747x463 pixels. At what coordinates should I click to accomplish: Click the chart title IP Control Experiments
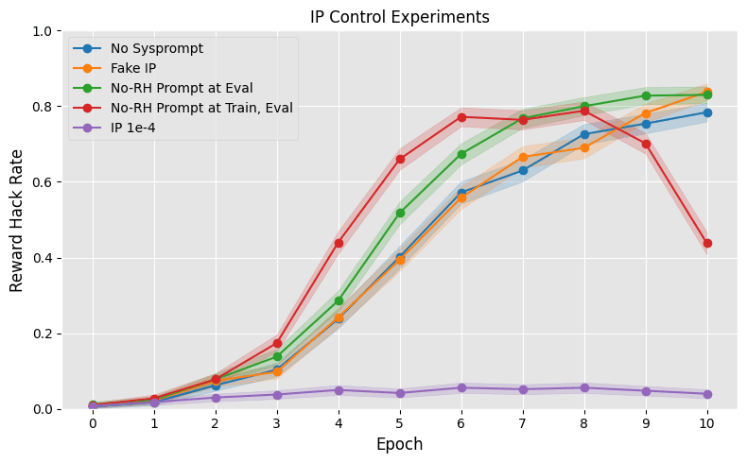pos(400,17)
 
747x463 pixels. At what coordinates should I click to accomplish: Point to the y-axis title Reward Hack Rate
pos(17,219)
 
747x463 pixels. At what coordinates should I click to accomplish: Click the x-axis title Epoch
pos(400,444)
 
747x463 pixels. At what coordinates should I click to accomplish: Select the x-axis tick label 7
pos(523,423)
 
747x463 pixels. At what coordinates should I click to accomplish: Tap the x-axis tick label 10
pos(707,423)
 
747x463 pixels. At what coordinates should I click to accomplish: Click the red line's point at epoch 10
pos(707,243)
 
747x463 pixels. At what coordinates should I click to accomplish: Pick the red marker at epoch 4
pos(339,243)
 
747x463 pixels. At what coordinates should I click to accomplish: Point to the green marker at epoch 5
pos(400,213)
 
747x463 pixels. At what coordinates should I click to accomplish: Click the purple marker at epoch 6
pos(461,387)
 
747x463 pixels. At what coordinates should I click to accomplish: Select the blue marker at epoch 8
pos(584,134)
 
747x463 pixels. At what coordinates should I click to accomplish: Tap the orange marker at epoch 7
pos(523,157)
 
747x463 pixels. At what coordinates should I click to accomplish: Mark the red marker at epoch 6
pos(461,117)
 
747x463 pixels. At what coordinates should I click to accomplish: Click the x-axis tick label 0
pos(93,423)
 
